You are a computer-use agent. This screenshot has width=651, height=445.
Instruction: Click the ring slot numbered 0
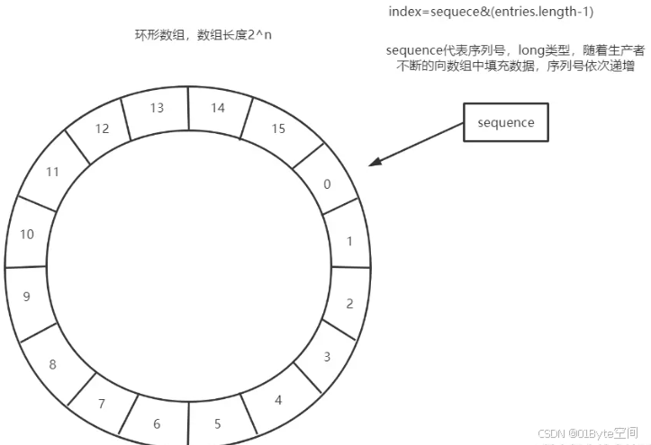coord(327,184)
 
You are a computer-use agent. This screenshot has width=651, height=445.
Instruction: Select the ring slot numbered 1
coord(350,241)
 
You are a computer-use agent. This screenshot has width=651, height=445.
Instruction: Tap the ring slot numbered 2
coord(349,303)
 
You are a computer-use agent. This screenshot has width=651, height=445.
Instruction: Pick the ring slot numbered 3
coord(327,356)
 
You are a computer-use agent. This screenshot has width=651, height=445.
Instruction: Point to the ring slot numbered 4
coord(278,399)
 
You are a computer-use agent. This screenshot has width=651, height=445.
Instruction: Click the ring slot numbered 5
coord(218,423)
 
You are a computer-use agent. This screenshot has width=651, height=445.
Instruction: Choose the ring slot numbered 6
coord(157,423)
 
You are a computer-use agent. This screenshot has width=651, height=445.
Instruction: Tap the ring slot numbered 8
coord(52,364)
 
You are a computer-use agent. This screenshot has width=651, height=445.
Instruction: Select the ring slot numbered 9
coord(26,296)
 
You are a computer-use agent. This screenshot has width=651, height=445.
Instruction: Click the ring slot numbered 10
coord(27,235)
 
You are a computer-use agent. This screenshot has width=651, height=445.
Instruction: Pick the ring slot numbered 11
coord(52,171)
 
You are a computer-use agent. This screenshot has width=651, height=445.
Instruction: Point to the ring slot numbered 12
coord(101,129)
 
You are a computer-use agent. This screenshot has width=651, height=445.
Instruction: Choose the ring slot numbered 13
coord(157,108)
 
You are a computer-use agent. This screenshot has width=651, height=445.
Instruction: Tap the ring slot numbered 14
coord(217,107)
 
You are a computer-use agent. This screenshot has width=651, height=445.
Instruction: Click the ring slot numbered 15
coord(277,129)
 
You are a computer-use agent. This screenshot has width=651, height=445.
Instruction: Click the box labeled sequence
coord(507,123)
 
